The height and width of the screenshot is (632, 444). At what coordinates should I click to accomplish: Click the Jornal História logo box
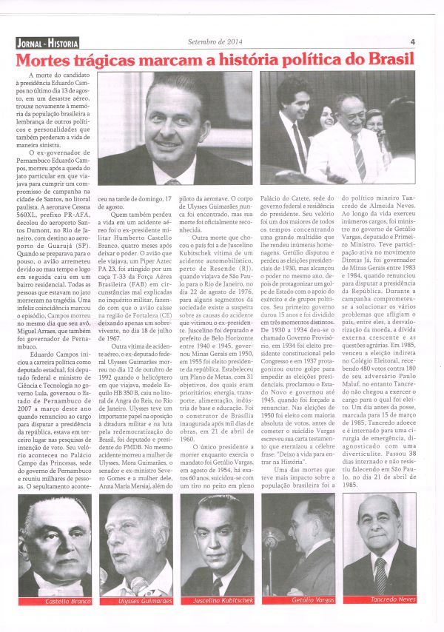tap(46, 43)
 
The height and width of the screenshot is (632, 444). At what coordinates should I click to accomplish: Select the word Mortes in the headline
tap(47, 60)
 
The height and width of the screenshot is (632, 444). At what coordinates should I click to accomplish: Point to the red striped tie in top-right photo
tap(357, 155)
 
